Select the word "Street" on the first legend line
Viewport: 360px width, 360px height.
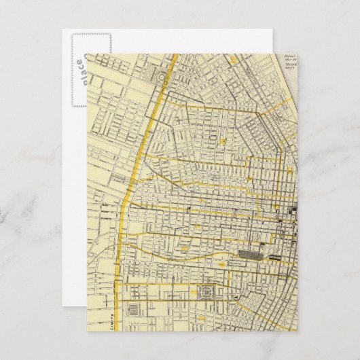click(289, 59)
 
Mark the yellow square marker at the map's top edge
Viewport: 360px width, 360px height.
click(234, 62)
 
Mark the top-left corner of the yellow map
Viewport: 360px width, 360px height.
click(87, 54)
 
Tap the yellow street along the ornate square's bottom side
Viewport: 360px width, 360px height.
click(204, 302)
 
